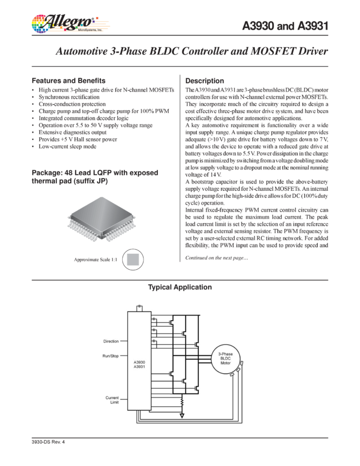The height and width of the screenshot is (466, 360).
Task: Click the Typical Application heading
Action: coord(179,287)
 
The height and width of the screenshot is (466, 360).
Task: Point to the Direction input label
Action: coord(111,341)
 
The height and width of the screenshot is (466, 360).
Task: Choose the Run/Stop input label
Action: coord(111,356)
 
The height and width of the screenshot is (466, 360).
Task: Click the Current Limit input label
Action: coord(112,400)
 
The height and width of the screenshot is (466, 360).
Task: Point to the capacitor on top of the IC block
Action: coord(141,306)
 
